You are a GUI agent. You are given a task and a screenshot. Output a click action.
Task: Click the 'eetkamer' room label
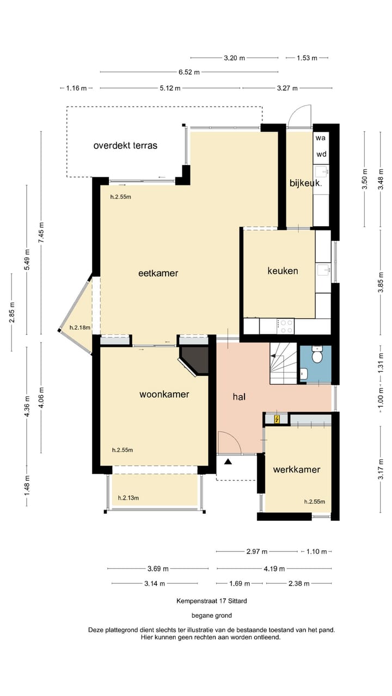(x=158, y=274)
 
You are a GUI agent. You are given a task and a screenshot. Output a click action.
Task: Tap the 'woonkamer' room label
(x=164, y=394)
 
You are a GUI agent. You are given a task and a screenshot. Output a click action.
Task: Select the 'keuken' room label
(x=283, y=270)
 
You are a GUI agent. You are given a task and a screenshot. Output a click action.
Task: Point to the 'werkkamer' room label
(x=297, y=469)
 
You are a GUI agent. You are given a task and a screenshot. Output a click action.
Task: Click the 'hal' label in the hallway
(x=239, y=397)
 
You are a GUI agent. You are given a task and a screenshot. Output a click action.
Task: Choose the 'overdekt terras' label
(x=125, y=145)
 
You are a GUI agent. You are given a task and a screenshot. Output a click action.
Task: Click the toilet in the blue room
(x=316, y=355)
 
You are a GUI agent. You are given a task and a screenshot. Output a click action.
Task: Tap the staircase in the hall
(x=283, y=363)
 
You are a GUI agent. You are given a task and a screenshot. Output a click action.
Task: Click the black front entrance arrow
(x=228, y=462)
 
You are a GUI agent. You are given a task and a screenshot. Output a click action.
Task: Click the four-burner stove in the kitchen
(x=286, y=326)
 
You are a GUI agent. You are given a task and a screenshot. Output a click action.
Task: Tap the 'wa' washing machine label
(x=321, y=138)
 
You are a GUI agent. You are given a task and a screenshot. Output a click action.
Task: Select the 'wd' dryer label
(x=321, y=154)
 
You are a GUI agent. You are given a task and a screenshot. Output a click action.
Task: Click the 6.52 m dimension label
(x=189, y=72)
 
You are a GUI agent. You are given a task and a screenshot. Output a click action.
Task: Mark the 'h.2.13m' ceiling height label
(x=128, y=498)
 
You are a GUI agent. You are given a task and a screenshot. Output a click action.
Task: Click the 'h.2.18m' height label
(x=79, y=327)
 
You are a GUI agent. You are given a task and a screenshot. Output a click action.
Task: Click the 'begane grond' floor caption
(x=212, y=616)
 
